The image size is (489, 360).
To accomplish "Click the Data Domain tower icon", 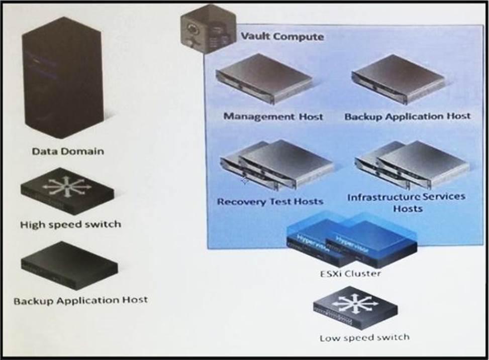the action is pyautogui.click(x=62, y=78).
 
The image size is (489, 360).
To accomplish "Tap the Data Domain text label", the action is pyautogui.click(x=68, y=152).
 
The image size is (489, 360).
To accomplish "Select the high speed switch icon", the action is pyautogui.click(x=67, y=190).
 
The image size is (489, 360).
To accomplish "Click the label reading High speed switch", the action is pyautogui.click(x=70, y=225).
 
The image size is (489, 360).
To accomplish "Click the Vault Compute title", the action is pyautogui.click(x=282, y=37).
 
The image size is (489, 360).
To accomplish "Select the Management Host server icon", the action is pyautogui.click(x=264, y=78).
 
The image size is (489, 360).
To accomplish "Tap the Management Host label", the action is pyautogui.click(x=273, y=116).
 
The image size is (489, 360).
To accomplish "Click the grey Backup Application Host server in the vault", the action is pyautogui.click(x=399, y=78).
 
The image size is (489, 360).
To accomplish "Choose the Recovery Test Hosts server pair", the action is pyautogui.click(x=277, y=165).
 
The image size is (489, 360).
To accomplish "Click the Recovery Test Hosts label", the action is pyautogui.click(x=270, y=202).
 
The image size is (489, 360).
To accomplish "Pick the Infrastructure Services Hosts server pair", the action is pyautogui.click(x=412, y=165).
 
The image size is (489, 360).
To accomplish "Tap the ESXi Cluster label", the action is pyautogui.click(x=350, y=274).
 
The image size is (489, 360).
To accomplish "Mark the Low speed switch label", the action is pyautogui.click(x=364, y=338).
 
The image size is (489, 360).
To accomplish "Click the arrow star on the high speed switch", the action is pyautogui.click(x=67, y=186).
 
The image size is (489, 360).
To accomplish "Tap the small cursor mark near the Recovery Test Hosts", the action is pyautogui.click(x=244, y=180).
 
